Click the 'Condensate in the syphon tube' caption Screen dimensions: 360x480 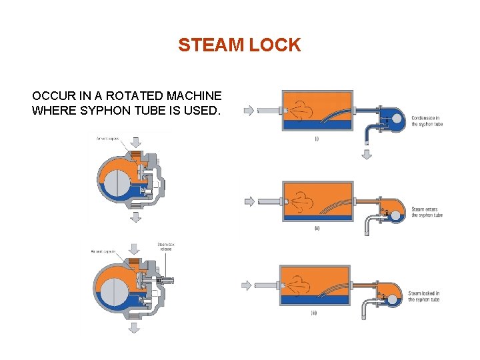pos(427,121)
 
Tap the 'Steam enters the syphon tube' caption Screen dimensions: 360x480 pos(427,212)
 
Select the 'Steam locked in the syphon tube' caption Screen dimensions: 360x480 pos(424,296)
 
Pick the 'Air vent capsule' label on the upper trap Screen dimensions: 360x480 pos(106,138)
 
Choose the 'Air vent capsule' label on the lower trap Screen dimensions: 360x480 pos(103,251)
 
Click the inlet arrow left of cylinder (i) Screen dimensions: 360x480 pos(249,111)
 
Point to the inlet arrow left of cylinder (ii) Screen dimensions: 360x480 pos(249,200)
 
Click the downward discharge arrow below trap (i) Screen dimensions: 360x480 pos(366,155)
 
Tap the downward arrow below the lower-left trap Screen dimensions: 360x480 pos(133,327)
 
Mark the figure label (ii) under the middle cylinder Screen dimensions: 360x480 pos(317,228)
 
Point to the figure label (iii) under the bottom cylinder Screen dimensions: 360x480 pos(313,313)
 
